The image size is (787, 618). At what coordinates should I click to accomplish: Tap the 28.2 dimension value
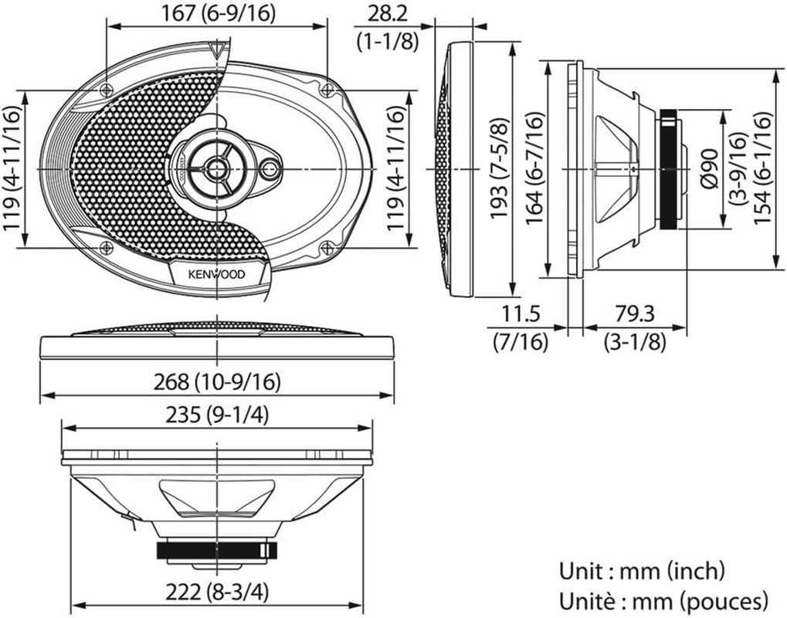388,13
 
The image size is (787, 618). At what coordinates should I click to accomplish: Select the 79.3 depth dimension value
635,314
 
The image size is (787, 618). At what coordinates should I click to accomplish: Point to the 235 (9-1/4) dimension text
218,416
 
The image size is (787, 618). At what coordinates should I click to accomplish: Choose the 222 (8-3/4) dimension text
218,593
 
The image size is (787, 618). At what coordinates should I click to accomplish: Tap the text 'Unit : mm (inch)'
641,572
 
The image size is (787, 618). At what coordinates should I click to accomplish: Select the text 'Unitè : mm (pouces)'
663,599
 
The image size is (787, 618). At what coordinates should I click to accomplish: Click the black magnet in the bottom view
216,550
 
